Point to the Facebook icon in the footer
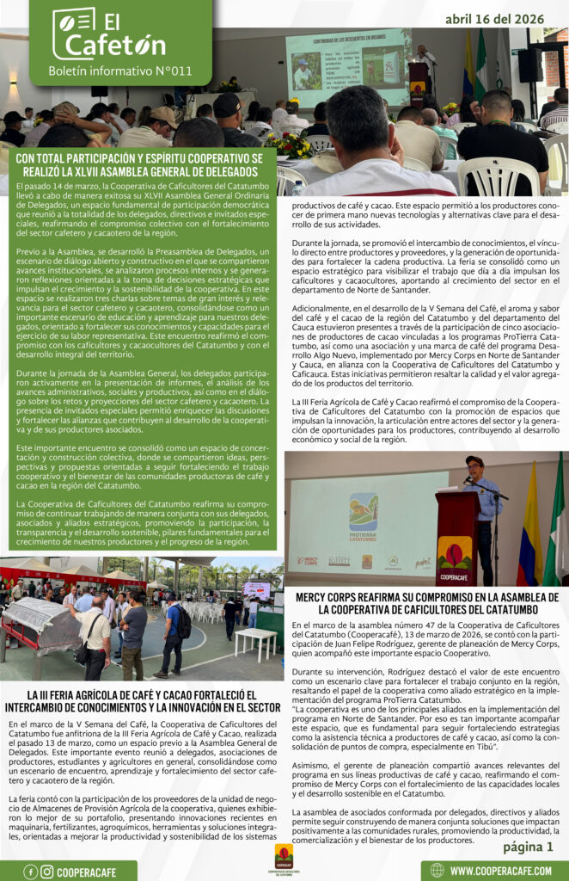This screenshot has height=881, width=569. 30,872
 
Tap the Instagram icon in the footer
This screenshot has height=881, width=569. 46,872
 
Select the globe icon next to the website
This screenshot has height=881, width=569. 437,871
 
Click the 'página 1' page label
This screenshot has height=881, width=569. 528,847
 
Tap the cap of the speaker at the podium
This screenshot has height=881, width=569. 474,460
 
